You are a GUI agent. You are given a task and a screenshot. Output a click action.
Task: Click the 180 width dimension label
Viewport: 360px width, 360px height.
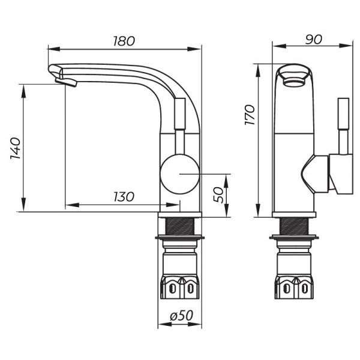[x=124, y=41]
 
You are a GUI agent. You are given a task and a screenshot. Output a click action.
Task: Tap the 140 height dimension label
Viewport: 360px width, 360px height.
[x=16, y=148]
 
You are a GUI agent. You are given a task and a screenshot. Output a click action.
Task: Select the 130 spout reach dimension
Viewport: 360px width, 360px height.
[x=122, y=197]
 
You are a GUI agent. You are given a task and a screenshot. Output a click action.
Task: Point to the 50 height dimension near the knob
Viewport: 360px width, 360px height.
[x=219, y=194]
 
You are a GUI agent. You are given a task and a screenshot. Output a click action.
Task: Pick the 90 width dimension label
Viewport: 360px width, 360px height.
[x=313, y=39]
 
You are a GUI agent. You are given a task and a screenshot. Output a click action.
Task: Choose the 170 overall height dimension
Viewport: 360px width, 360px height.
[x=250, y=115]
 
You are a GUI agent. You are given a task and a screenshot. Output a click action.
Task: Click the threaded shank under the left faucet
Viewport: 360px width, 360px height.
[x=180, y=226]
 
